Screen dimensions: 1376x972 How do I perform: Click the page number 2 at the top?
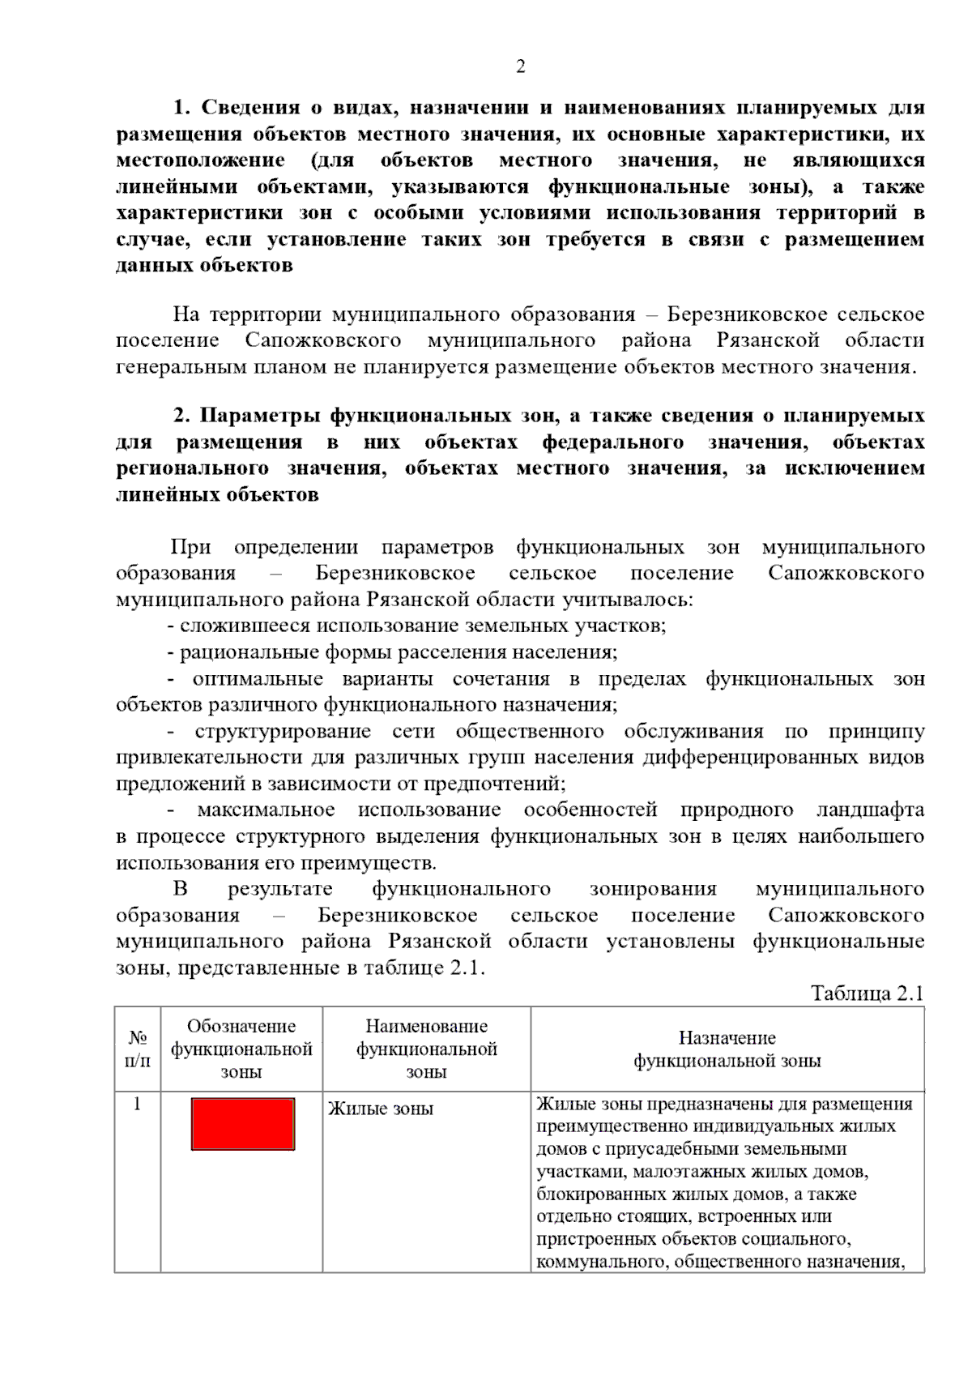coord(520,66)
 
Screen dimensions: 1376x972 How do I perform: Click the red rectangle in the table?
coord(243,1123)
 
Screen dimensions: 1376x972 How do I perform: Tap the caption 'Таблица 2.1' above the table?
coord(867,994)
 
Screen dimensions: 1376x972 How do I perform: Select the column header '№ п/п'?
coord(138,1049)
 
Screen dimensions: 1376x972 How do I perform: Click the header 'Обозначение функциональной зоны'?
coord(241,1049)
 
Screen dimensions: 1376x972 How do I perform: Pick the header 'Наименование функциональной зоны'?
coord(427,1049)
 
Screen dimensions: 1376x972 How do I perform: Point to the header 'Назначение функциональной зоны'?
coord(727,1049)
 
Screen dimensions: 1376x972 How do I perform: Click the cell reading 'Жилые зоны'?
coord(381,1109)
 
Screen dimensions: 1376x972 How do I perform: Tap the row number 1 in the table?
coord(137,1104)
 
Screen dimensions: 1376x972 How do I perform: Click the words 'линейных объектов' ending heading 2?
coord(217,494)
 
